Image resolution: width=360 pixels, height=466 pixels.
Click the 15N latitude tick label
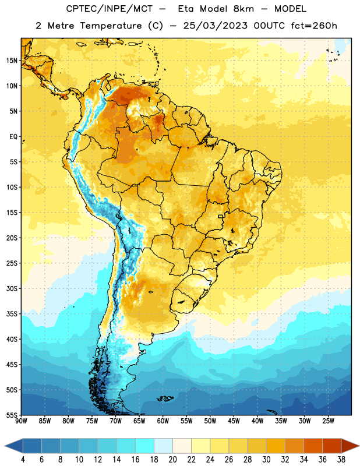tap(12, 61)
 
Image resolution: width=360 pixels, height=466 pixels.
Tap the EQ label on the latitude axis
tap(13, 137)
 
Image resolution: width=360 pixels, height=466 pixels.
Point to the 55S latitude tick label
tap(12, 415)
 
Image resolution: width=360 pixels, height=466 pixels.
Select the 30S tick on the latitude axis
tap(12, 288)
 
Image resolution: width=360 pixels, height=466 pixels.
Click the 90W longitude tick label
tap(21, 421)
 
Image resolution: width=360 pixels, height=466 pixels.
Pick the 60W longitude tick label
tap(163, 421)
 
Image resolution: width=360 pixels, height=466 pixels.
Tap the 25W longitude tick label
tap(328, 421)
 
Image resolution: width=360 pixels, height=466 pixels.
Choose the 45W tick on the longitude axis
tap(234, 421)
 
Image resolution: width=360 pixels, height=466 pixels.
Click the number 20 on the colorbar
tap(172, 460)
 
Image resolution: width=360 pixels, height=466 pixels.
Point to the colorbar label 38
tap(341, 460)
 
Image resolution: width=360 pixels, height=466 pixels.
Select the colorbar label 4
tap(23, 460)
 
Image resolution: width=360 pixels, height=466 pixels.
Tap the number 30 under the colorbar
tap(266, 460)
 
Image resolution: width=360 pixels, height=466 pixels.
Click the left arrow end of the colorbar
tap(5, 446)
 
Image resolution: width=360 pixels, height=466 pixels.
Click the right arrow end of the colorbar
tap(359, 446)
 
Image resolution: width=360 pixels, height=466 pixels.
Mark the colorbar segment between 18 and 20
tap(163, 446)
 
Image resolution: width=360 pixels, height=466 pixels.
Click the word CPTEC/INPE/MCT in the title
tap(110, 9)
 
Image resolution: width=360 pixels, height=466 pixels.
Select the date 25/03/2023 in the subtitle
tap(215, 26)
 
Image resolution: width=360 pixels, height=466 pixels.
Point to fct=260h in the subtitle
tap(314, 26)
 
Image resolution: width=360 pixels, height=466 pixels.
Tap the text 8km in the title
tap(243, 9)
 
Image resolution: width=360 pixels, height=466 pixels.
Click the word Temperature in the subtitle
tap(111, 26)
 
